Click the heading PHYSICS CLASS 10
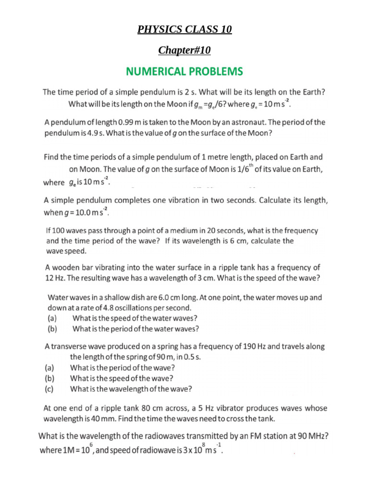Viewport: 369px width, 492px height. click(x=184, y=30)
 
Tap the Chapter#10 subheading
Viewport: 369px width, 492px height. click(x=184, y=50)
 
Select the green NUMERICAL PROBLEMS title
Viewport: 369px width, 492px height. click(x=184, y=72)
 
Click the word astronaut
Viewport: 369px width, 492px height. click(x=254, y=123)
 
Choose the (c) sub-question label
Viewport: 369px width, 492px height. click(x=49, y=389)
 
